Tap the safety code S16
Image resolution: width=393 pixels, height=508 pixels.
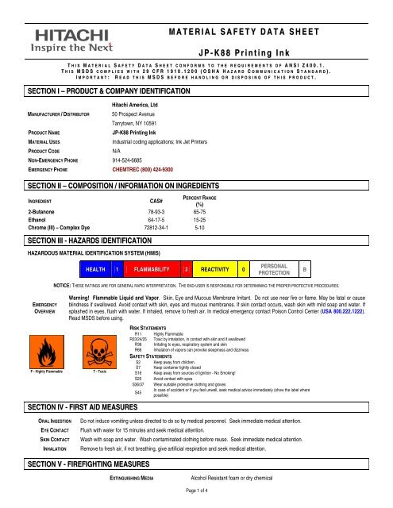[138, 372]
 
